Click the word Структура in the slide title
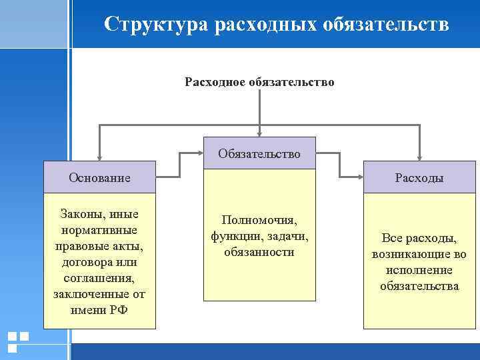157,25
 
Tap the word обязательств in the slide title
386,25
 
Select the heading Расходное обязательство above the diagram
259,83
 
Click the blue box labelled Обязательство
259,153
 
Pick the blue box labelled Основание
100,178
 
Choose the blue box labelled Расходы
419,178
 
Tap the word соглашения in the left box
100,278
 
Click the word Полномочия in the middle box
259,221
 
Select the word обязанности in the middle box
259,252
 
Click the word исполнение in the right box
419,270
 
